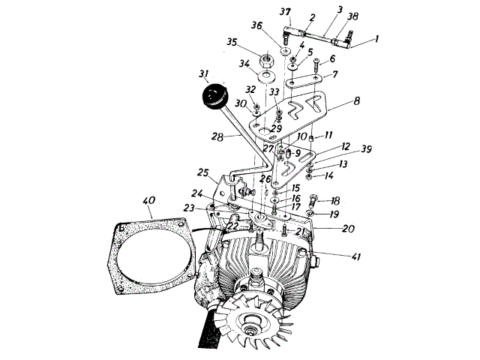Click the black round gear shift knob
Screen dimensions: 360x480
(214, 97)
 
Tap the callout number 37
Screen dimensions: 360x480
(285, 12)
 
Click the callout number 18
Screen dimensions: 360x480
(334, 202)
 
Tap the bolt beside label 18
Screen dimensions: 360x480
(315, 201)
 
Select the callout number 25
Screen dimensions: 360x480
(202, 172)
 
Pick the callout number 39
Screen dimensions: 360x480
(344, 150)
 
